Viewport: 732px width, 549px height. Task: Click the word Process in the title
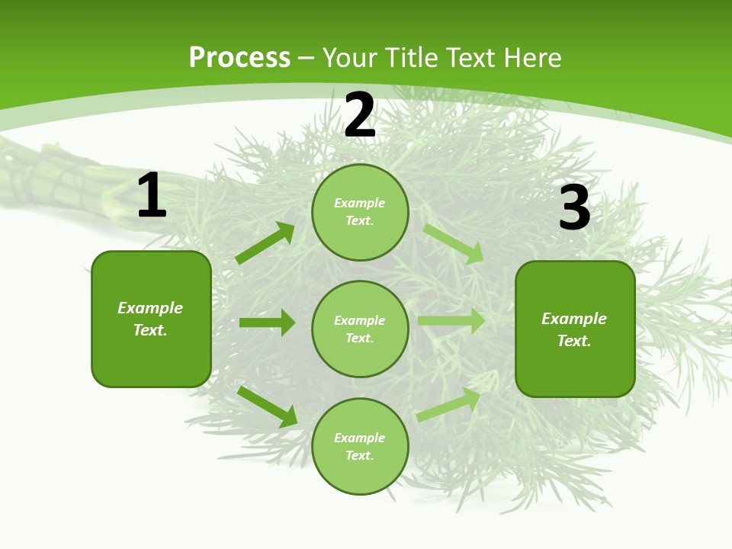click(x=239, y=57)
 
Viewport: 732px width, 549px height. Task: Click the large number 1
click(x=152, y=196)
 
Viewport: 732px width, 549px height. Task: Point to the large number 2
click(x=360, y=115)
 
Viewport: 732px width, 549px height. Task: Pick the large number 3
click(x=574, y=208)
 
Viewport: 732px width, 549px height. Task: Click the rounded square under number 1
click(x=151, y=319)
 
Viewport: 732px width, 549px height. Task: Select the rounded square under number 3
click(x=575, y=329)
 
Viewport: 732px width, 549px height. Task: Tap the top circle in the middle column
click(x=360, y=212)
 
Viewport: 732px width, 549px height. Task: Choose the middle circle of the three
click(x=360, y=329)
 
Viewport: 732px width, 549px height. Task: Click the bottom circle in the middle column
click(x=360, y=446)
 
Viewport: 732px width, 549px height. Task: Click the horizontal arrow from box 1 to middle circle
click(x=267, y=323)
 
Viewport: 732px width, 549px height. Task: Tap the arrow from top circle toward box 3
click(x=454, y=244)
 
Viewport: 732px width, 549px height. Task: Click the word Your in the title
click(x=351, y=57)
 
